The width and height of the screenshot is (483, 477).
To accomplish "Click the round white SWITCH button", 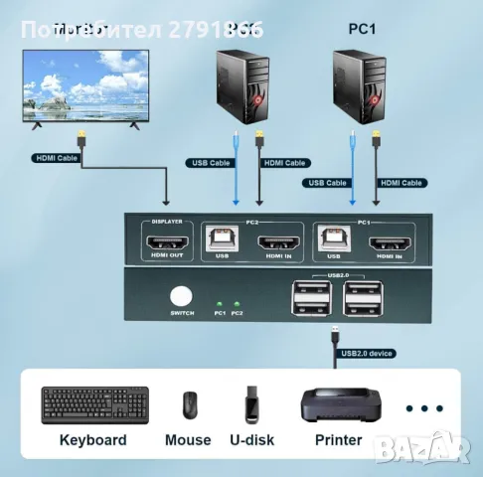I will (x=181, y=296).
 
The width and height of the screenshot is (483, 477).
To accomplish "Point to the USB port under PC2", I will (x=222, y=239).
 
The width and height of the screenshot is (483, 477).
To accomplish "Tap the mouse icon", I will (x=189, y=405).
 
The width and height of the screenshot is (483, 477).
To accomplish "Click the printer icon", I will (x=340, y=403).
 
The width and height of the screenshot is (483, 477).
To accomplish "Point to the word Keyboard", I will (x=93, y=440).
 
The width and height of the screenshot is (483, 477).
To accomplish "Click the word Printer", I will (x=339, y=440).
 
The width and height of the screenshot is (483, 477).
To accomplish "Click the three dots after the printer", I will (x=424, y=408).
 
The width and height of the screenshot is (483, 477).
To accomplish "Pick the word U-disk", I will (x=251, y=440).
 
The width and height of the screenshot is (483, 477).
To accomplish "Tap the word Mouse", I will (x=189, y=440).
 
